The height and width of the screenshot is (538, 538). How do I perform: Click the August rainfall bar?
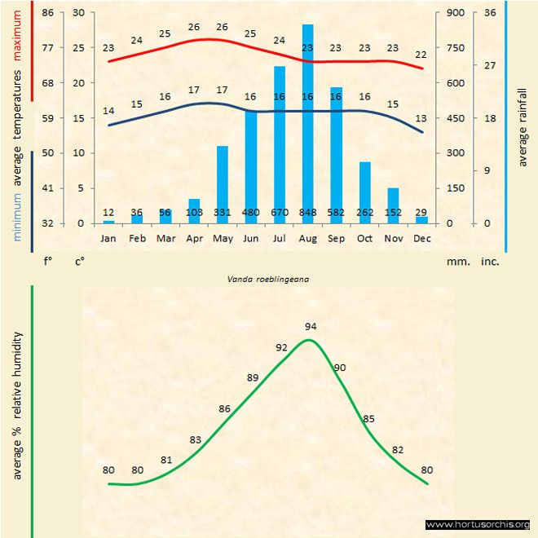point(307,122)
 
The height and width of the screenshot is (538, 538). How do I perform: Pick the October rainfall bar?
point(364,192)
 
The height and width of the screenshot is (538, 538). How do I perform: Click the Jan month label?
point(108,238)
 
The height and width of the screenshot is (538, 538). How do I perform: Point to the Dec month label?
point(421,238)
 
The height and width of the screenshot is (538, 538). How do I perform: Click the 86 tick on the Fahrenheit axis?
point(48,13)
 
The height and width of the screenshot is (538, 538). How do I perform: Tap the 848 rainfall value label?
point(307,213)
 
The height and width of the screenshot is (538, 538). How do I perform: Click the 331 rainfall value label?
point(223,213)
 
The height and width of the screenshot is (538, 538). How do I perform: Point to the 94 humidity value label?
point(311,326)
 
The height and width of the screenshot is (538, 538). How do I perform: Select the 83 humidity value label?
point(196,440)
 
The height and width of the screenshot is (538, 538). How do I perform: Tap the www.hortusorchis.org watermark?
point(478,524)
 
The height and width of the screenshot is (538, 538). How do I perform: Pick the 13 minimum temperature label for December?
point(421,119)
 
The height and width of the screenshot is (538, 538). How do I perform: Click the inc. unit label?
point(490,262)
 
